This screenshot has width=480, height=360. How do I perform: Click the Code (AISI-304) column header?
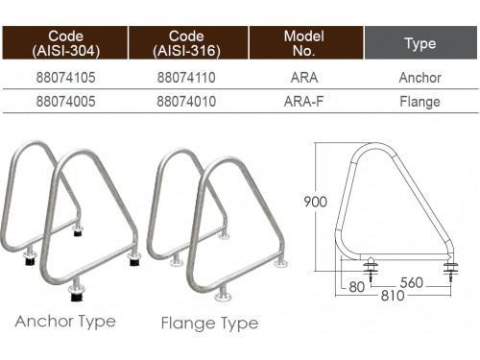coord(65,43)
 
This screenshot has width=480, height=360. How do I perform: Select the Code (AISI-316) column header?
coord(188,43)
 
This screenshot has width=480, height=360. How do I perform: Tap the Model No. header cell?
coord(306,43)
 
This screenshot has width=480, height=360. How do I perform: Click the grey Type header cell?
coord(420,43)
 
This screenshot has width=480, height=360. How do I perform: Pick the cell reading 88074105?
coord(65,78)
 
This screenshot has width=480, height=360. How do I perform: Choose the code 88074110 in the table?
coord(186,78)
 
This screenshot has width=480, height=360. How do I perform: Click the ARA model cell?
coord(304,78)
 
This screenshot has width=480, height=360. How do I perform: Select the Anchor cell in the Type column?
coord(420,78)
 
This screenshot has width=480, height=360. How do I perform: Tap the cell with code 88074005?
coord(65,102)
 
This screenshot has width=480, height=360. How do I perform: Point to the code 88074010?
coord(186,102)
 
